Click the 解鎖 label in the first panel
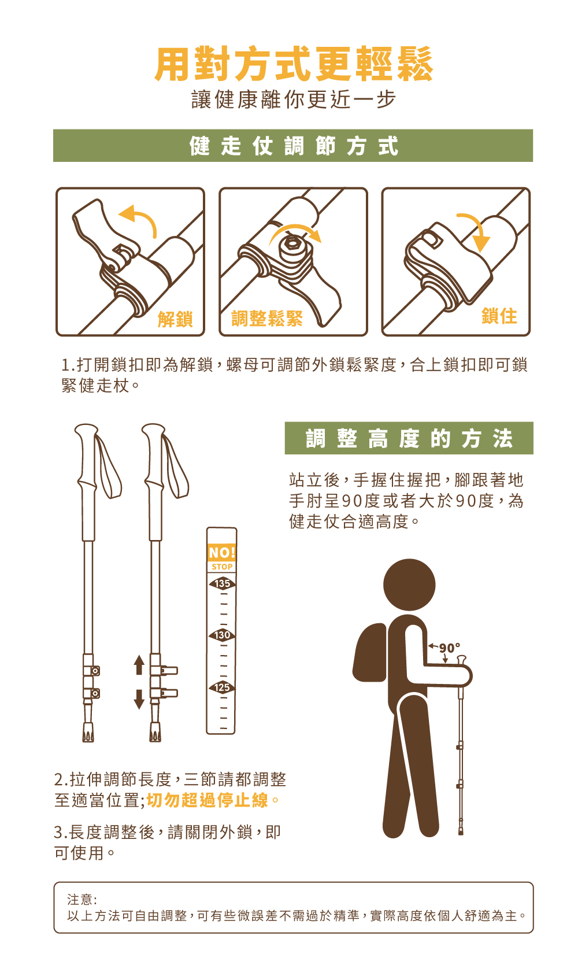point(175,319)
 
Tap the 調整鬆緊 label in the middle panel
point(266,319)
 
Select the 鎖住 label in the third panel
point(499,316)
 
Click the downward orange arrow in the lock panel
point(477,230)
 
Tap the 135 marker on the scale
point(222,583)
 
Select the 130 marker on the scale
point(222,635)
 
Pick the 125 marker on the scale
point(222,687)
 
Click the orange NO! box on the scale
point(222,552)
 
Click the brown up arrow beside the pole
point(139,665)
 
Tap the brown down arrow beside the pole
point(139,700)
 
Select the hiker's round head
point(409,585)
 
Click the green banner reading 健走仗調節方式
point(293,146)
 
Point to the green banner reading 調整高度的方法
point(409,438)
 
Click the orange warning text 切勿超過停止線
point(208,800)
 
